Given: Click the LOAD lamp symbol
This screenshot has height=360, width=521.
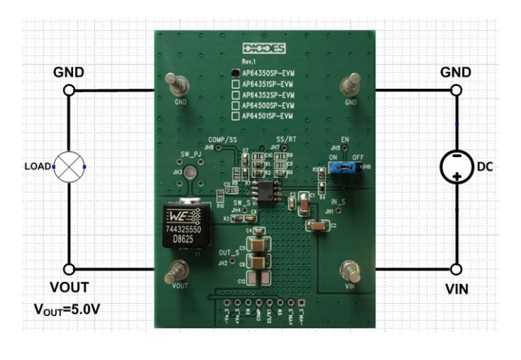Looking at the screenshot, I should pyautogui.click(x=69, y=167).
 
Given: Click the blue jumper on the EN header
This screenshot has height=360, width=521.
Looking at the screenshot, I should pyautogui.click(x=341, y=168).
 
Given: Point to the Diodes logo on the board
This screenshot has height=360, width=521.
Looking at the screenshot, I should pyautogui.click(x=263, y=49).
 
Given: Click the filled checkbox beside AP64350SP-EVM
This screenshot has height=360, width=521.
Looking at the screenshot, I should pyautogui.click(x=236, y=72).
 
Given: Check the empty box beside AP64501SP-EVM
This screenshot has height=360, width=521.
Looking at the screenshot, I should pyautogui.click(x=236, y=115).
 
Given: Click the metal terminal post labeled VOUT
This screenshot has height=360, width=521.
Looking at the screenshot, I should pyautogui.click(x=177, y=270).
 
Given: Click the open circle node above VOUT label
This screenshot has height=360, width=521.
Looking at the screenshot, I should pyautogui.click(x=69, y=269).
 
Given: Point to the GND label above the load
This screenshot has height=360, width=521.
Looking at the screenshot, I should pyautogui.click(x=69, y=72).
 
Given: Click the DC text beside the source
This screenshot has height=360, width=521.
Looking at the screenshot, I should pyautogui.click(x=485, y=167).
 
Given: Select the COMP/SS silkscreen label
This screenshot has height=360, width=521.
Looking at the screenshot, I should pyautogui.click(x=222, y=140).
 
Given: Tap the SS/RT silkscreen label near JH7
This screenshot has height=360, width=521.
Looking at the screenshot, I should pyautogui.click(x=286, y=140).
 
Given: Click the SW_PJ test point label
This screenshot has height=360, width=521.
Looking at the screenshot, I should pyautogui.click(x=191, y=154).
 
